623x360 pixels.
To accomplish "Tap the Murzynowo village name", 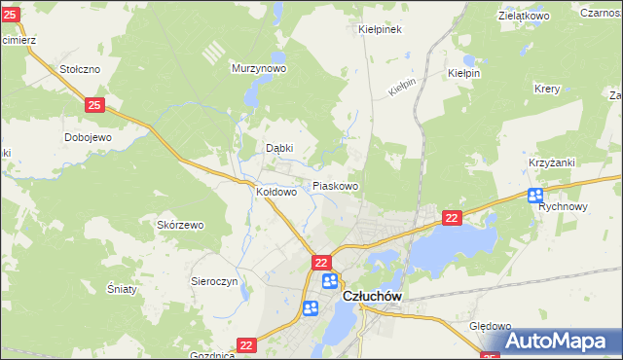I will click(258, 69).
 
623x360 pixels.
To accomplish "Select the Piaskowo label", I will click(335, 186).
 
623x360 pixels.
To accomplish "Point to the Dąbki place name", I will click(279, 149).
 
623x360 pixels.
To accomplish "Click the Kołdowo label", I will click(275, 193).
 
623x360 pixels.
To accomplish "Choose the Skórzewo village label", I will click(180, 226).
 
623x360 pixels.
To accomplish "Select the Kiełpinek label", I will click(381, 30).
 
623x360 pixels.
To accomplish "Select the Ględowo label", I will click(490, 327).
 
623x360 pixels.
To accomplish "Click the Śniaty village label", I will click(124, 288).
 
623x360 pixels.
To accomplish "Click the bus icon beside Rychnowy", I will click(535, 196).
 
